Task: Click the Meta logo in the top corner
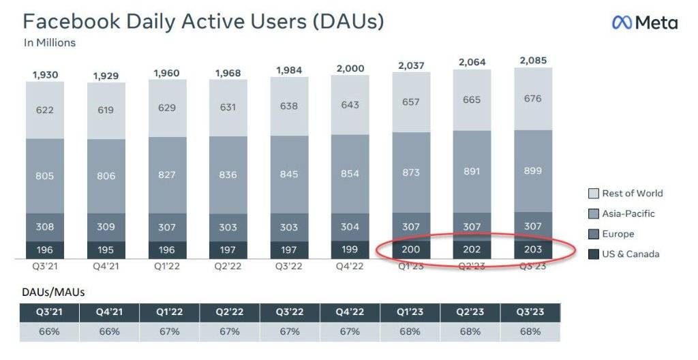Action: tap(644, 22)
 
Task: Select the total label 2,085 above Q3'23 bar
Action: tap(532, 60)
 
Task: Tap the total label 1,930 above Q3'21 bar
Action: tap(45, 74)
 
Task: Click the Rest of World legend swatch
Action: tap(592, 193)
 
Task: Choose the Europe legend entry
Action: tap(618, 234)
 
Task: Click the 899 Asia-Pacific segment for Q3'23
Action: tap(533, 171)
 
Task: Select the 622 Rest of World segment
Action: tap(45, 110)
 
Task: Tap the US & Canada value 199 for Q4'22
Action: tap(350, 250)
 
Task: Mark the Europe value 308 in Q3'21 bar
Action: tap(45, 227)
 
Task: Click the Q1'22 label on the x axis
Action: tap(168, 266)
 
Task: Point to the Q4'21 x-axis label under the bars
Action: tap(106, 266)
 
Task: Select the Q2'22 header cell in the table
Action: tap(230, 312)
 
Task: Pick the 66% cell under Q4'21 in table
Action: tap(109, 331)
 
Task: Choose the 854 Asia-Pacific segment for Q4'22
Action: tap(350, 174)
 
